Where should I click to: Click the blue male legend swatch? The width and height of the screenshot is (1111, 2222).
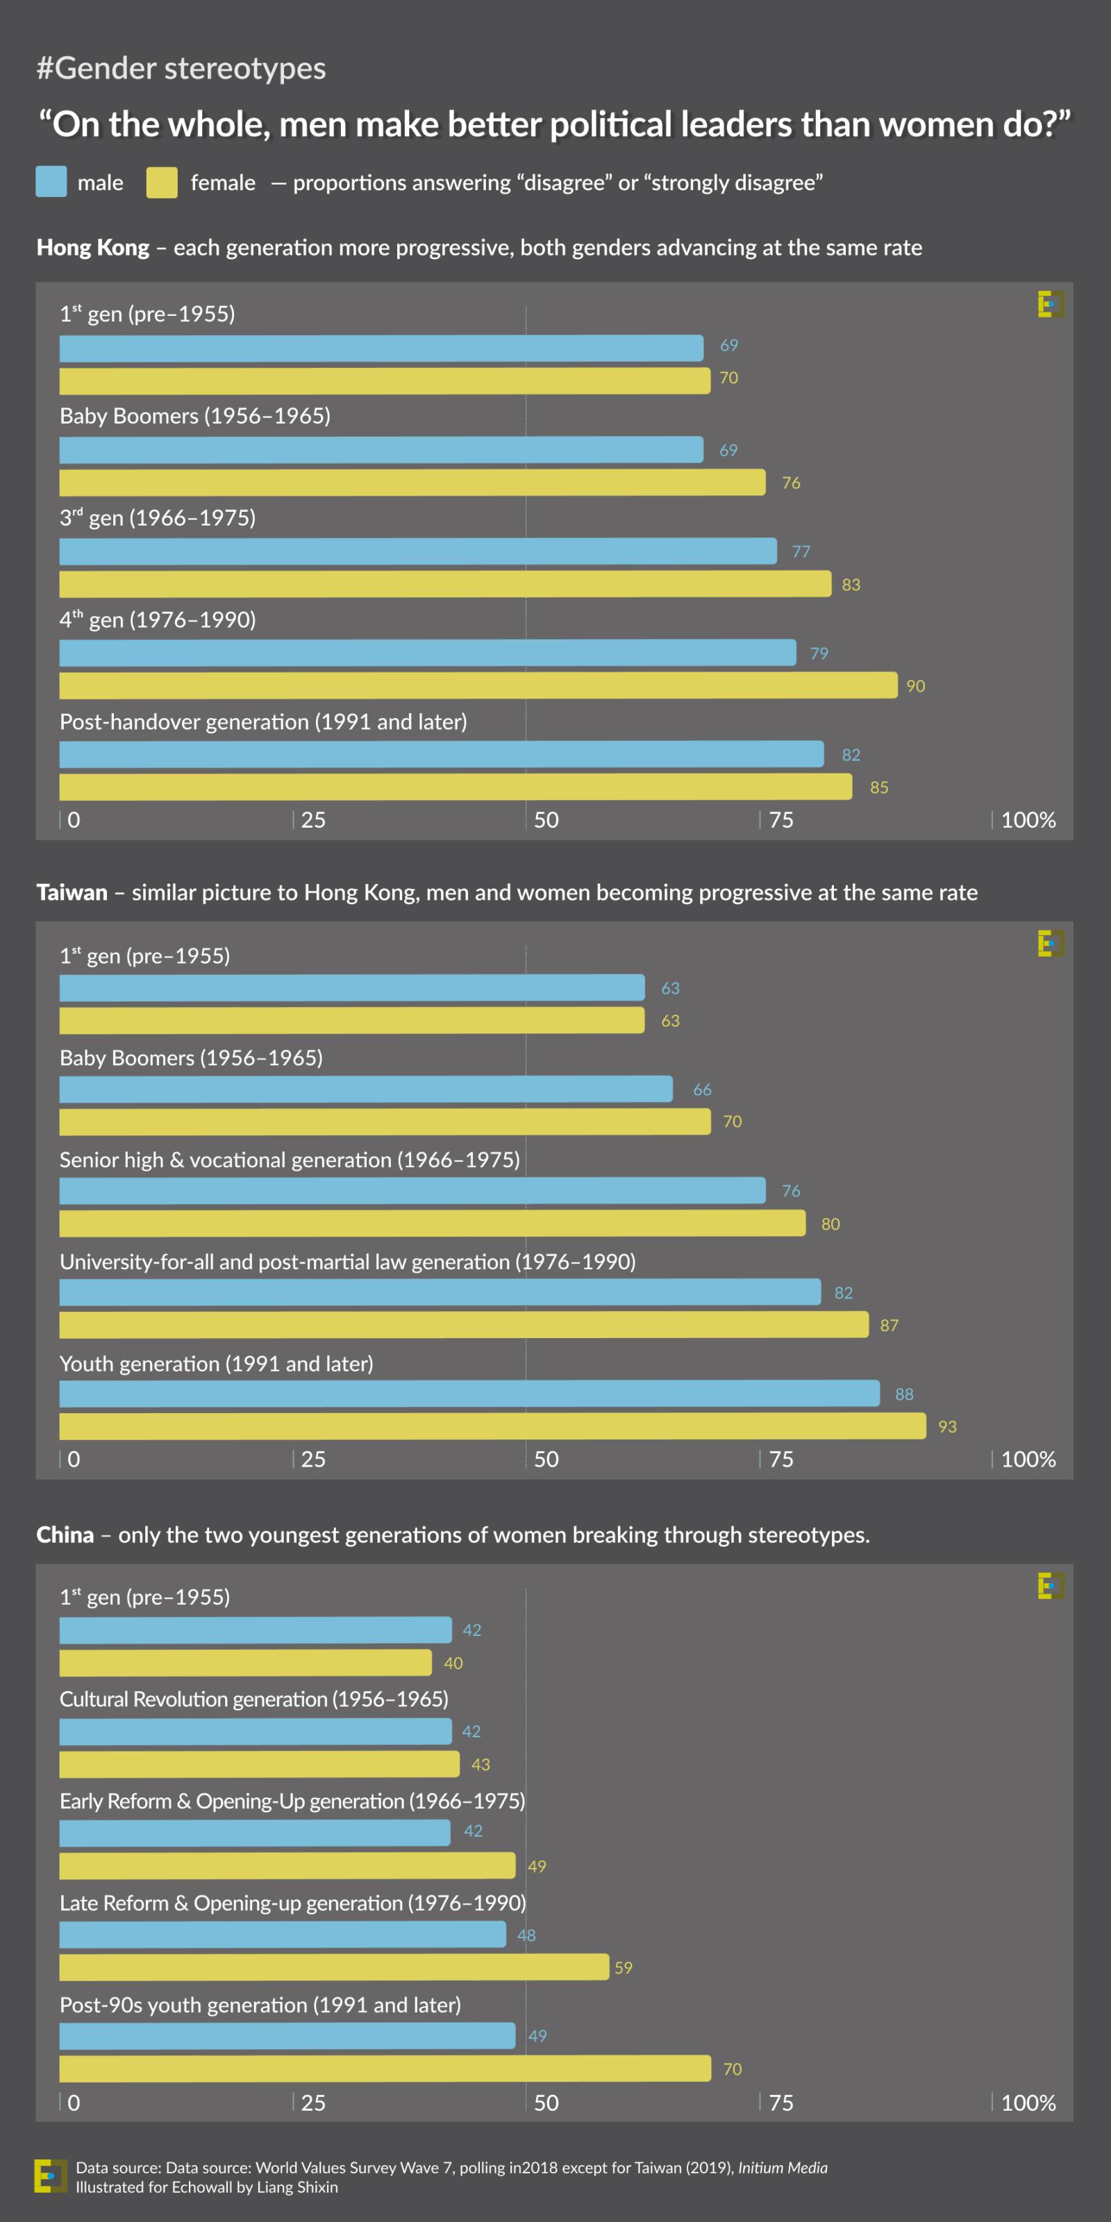pyautogui.click(x=51, y=182)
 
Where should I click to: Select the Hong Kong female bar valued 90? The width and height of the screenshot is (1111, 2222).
pyautogui.click(x=478, y=686)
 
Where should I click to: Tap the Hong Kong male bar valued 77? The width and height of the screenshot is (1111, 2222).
pyautogui.click(x=417, y=551)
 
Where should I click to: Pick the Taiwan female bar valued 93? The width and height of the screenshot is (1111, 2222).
pyautogui.click(x=492, y=1426)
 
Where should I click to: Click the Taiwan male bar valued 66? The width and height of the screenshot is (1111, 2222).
pyautogui.click(x=366, y=1089)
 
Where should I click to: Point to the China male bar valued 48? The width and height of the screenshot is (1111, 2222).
pyautogui.click(x=282, y=1935)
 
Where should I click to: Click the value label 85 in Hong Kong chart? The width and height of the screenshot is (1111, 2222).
pyautogui.click(x=879, y=787)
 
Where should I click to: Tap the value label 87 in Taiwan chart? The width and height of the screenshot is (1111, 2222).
pyautogui.click(x=889, y=1325)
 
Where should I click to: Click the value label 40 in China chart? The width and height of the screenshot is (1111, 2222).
pyautogui.click(x=453, y=1663)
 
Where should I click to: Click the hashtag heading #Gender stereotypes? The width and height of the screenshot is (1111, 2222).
pyautogui.click(x=181, y=68)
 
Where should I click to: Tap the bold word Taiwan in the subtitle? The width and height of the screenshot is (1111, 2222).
pyautogui.click(x=72, y=893)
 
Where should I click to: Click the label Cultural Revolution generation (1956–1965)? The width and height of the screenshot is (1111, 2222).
pyautogui.click(x=253, y=1699)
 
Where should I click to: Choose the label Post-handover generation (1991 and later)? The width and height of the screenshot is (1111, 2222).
pyautogui.click(x=263, y=722)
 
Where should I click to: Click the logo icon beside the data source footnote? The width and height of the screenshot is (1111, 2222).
pyautogui.click(x=50, y=2176)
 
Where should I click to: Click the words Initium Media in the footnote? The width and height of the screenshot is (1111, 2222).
pyautogui.click(x=783, y=2168)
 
